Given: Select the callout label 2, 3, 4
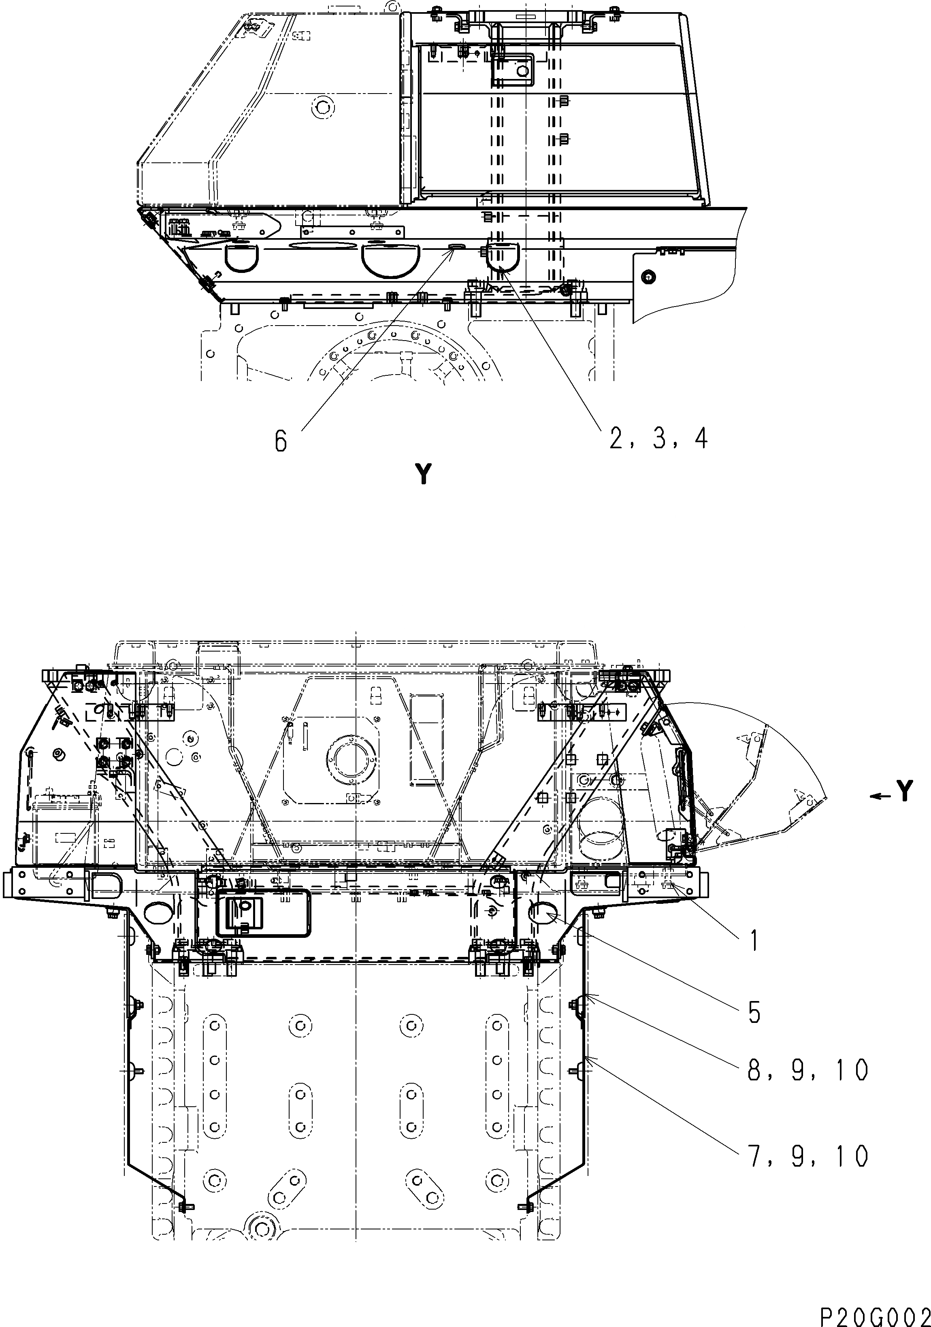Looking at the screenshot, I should click(657, 440).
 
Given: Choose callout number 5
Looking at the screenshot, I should click(754, 1012).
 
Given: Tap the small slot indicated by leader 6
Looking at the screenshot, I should click(456, 246).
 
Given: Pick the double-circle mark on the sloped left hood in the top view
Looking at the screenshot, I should click(322, 107).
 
